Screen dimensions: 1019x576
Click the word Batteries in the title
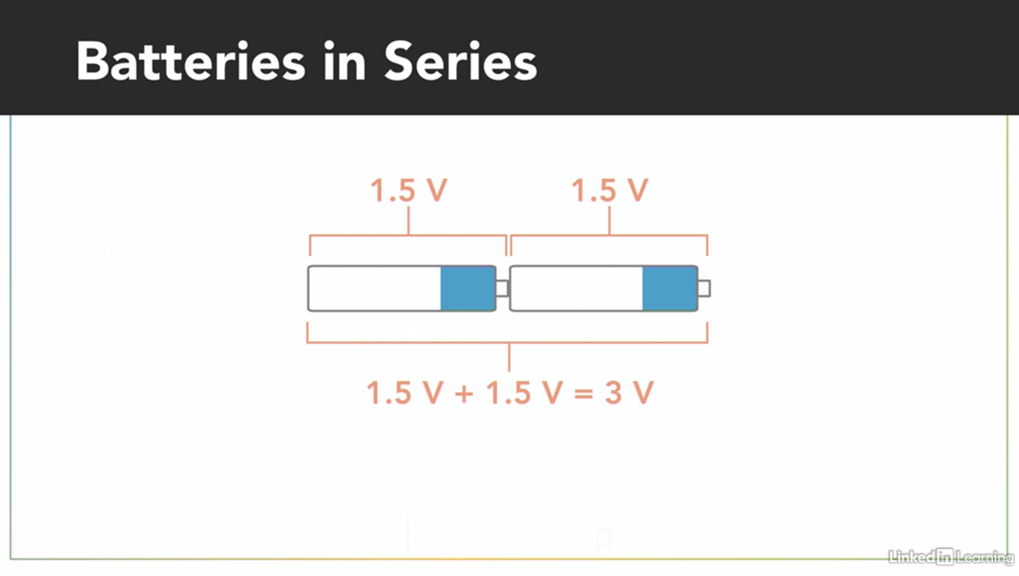point(191,62)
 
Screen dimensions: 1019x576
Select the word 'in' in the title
point(345,62)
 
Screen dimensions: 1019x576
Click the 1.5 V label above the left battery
point(408,190)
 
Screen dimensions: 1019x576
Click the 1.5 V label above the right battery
point(609,190)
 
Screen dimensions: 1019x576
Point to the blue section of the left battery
point(468,288)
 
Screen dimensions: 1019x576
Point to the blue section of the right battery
point(669,288)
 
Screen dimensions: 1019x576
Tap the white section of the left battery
point(375,288)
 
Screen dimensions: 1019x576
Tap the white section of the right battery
point(576,288)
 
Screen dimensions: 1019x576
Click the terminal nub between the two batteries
point(502,288)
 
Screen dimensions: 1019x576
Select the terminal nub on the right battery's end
point(704,288)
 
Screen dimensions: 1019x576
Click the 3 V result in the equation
point(629,393)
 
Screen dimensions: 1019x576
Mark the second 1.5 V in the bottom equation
point(523,393)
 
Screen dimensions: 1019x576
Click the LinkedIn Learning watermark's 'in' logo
point(944,557)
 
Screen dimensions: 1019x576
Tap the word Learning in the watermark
point(984,557)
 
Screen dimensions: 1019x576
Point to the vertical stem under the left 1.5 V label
point(408,220)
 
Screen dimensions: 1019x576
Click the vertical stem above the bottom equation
point(509,357)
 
